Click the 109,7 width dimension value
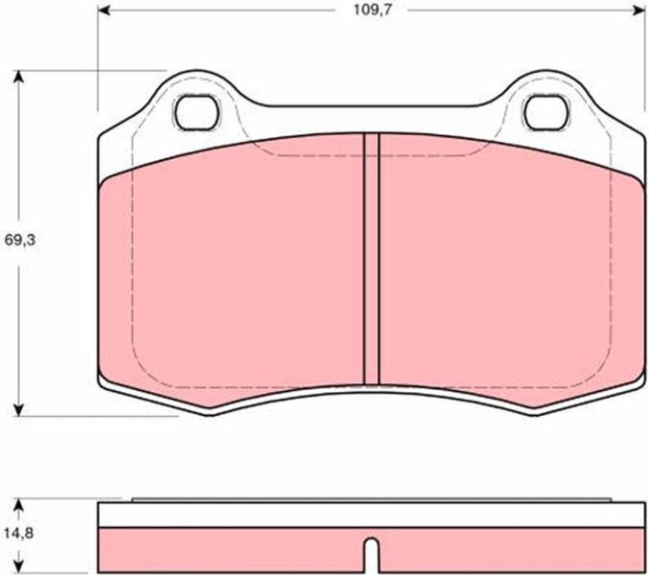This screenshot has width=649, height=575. click(x=372, y=11)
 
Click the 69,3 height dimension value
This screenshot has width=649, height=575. click(x=20, y=240)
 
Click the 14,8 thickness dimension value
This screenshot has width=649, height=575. click(x=18, y=533)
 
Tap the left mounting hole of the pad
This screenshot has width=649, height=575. click(x=197, y=112)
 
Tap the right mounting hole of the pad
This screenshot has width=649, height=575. click(x=546, y=112)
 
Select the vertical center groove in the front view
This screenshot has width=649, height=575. click(x=371, y=260)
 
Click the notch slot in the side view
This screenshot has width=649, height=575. click(x=372, y=555)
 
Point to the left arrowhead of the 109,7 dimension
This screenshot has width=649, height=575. click(x=104, y=11)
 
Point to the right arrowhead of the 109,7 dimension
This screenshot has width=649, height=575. click(x=639, y=11)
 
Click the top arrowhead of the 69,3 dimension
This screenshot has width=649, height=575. click(x=18, y=77)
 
